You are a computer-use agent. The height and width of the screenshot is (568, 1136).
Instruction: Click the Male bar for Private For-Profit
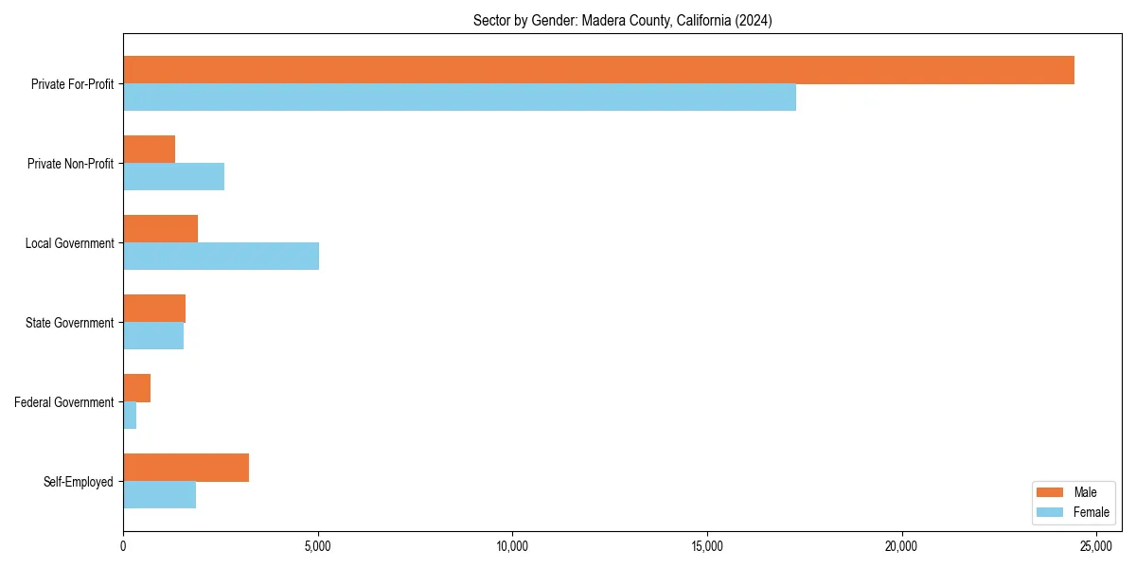[598, 70]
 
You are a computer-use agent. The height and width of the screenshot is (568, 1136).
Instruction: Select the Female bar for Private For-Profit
[459, 98]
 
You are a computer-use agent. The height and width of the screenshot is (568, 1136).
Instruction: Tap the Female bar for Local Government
[221, 257]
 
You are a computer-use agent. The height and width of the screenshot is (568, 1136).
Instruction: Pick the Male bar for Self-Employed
[186, 468]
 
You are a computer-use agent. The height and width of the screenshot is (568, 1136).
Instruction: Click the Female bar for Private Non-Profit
[173, 177]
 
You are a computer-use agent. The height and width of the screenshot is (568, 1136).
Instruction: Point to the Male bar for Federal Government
[136, 388]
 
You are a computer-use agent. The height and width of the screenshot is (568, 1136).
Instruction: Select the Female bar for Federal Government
[130, 416]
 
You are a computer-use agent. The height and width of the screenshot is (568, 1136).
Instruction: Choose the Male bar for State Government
[154, 309]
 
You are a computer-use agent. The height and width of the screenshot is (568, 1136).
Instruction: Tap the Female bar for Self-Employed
[159, 495]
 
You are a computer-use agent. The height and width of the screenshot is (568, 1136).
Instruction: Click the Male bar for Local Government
[160, 229]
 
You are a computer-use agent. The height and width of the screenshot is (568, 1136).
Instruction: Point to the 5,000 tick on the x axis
[318, 546]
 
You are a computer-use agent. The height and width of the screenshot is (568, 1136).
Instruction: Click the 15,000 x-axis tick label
[707, 546]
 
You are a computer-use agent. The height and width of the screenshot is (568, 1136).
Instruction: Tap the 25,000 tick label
[1096, 546]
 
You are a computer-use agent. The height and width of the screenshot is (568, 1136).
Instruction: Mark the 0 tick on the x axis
[123, 546]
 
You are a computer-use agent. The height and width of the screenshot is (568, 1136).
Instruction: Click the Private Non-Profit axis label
[70, 164]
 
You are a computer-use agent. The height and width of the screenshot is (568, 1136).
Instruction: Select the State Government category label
[69, 323]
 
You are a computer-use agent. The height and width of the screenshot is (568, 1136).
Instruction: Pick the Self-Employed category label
[78, 482]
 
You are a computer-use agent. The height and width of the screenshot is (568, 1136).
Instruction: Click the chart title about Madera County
[622, 21]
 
